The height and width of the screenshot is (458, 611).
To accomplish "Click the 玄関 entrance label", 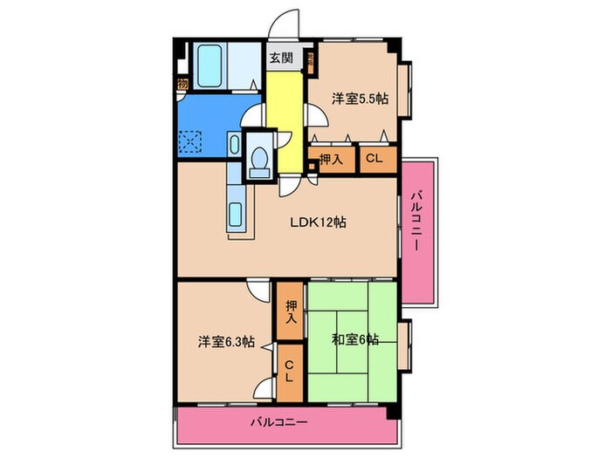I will [280, 59].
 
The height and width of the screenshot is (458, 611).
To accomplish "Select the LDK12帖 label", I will [319, 222].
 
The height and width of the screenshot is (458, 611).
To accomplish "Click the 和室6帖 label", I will [355, 339].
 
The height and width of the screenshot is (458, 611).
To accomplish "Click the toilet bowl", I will [258, 160].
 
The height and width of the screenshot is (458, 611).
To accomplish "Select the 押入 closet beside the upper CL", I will [330, 159].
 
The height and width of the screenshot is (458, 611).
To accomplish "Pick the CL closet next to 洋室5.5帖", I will [373, 159].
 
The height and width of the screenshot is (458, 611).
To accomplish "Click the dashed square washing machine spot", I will [191, 140].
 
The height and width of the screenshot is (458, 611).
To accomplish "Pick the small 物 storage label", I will [182, 85].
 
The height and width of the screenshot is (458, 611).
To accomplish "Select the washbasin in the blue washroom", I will [236, 145].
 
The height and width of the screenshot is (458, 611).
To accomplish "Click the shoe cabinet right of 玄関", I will [310, 59].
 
